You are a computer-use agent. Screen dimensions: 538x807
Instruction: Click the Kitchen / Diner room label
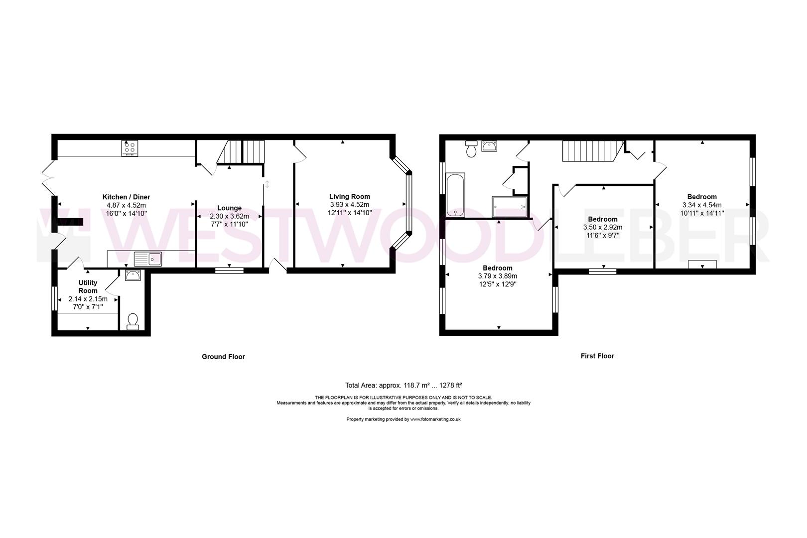pyautogui.click(x=126, y=197)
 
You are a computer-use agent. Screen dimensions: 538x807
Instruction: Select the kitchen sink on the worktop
pyautogui.click(x=148, y=259)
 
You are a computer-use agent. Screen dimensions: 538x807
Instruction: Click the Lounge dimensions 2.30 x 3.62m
pyautogui.click(x=229, y=217)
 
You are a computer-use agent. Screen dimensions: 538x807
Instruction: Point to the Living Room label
pyautogui.click(x=349, y=196)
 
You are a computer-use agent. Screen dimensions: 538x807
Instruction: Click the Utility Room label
pyautogui.click(x=88, y=286)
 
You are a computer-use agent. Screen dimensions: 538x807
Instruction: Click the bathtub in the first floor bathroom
pyautogui.click(x=455, y=195)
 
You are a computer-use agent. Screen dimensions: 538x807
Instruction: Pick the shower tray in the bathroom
pyautogui.click(x=510, y=207)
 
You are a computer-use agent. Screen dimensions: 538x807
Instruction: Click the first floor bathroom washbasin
pyautogui.click(x=489, y=146)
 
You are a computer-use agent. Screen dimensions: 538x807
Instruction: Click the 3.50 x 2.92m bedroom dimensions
pyautogui.click(x=602, y=227)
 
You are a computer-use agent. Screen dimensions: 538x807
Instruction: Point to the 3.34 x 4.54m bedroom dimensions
pyautogui.click(x=701, y=205)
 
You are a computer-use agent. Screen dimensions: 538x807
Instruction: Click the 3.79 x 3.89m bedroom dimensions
pyautogui.click(x=497, y=276)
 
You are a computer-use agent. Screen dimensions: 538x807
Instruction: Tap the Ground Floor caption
pyautogui.click(x=223, y=357)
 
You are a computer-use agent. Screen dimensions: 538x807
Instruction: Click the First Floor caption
pyautogui.click(x=597, y=356)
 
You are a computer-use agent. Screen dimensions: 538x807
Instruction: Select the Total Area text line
pyautogui.click(x=403, y=385)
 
